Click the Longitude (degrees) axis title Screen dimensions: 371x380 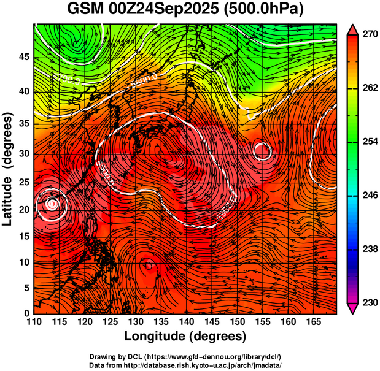[x=185, y=336]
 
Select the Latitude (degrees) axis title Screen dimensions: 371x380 [x=9, y=169]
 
